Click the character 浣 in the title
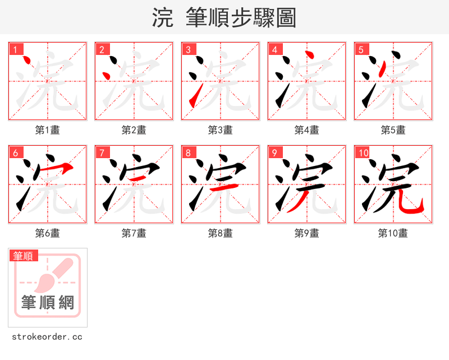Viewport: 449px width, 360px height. point(163,18)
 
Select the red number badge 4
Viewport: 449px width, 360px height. point(274,49)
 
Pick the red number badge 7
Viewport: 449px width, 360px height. point(102,153)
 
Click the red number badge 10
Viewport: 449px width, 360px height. point(363,153)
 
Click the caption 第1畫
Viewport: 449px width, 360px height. point(48,130)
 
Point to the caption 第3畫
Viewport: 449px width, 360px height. point(221,130)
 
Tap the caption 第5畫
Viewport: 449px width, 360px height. point(393,130)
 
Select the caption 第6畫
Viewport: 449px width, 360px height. point(48,233)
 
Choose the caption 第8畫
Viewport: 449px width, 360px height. point(221,233)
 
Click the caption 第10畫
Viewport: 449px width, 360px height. point(393,233)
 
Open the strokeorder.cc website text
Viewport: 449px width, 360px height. point(47,337)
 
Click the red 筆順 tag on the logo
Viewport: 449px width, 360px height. point(24,256)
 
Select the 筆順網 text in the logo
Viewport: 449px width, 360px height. point(48,303)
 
